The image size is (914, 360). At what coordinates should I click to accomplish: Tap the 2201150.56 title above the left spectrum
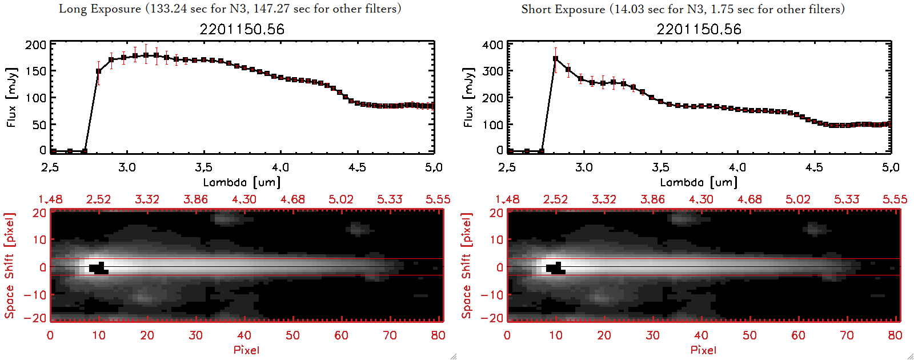click(242, 29)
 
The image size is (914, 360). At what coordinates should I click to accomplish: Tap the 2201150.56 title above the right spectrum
click(699, 29)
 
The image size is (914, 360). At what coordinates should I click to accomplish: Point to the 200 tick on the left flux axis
click(36, 45)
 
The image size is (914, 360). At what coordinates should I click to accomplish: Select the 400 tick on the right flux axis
click(493, 45)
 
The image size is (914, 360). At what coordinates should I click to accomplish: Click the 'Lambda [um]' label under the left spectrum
click(242, 182)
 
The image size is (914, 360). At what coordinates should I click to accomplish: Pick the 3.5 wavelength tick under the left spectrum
click(203, 167)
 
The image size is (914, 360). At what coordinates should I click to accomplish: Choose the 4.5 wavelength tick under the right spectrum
click(814, 167)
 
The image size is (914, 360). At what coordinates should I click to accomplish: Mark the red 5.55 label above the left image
click(438, 199)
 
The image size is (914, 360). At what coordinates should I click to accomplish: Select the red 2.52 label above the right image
click(555, 199)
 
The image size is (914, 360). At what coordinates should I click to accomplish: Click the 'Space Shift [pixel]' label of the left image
click(10, 266)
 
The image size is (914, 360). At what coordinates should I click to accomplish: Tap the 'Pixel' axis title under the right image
click(703, 350)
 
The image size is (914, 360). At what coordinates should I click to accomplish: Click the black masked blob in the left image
click(98, 269)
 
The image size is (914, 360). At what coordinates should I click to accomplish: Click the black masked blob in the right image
click(555, 269)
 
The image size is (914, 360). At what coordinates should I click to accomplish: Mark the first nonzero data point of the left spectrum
click(99, 71)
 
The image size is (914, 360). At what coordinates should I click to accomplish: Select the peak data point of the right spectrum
click(555, 59)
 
